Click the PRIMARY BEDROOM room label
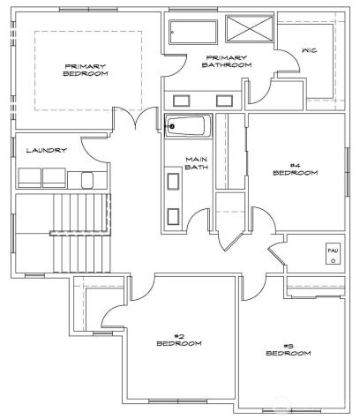[86, 70]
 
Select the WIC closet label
[309, 50]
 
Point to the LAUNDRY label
[46, 150]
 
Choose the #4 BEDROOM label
[295, 168]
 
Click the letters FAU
[333, 251]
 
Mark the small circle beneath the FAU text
[333, 262]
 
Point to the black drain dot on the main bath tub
[173, 126]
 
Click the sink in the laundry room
[87, 179]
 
